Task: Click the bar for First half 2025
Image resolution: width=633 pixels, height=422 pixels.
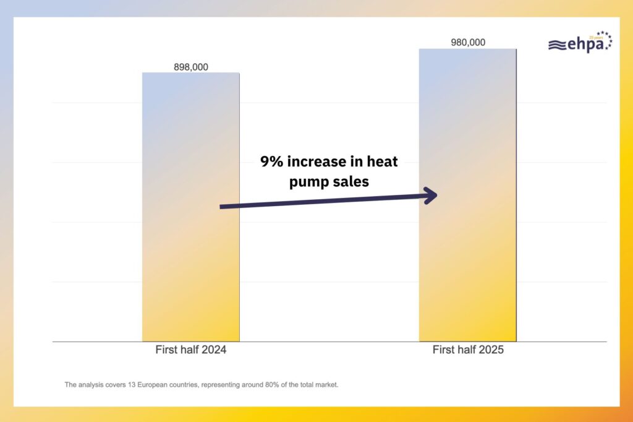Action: pos(467,260)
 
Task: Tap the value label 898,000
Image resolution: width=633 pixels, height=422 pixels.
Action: pos(190,67)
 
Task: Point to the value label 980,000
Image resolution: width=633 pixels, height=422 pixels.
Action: pos(467,43)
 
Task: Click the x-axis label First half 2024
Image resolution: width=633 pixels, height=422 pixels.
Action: pos(190,350)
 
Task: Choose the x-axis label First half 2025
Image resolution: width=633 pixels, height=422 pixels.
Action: pos(467,350)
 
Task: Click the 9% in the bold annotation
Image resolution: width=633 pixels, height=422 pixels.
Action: pos(271,163)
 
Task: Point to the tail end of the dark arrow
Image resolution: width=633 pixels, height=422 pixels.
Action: pos(222,207)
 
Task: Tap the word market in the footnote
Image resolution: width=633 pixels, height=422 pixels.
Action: pos(328,385)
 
